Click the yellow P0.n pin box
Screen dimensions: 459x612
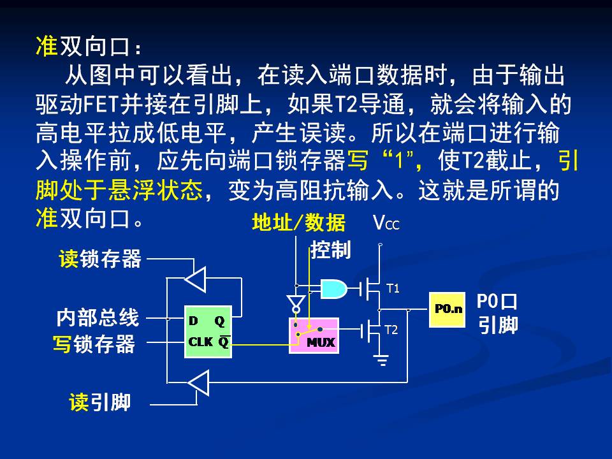pyautogui.click(x=447, y=310)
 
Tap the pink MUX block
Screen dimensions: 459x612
pyautogui.click(x=312, y=335)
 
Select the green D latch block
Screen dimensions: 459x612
pyautogui.click(x=208, y=331)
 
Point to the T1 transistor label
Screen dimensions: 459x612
pyautogui.click(x=393, y=289)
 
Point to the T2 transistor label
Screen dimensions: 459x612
pyautogui.click(x=391, y=330)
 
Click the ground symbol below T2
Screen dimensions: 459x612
pyautogui.click(x=382, y=361)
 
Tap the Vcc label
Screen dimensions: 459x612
pyautogui.click(x=386, y=223)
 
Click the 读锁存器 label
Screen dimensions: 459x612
pyautogui.click(x=100, y=259)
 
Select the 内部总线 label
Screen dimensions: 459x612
pyautogui.click(x=97, y=317)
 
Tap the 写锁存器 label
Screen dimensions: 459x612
pyautogui.click(x=94, y=345)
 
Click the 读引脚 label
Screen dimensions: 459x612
pyautogui.click(x=100, y=402)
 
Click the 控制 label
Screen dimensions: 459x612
pyautogui.click(x=330, y=250)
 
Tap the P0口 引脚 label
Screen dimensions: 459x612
pyautogui.click(x=498, y=313)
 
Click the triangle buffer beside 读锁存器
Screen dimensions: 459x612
pyautogui.click(x=195, y=279)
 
